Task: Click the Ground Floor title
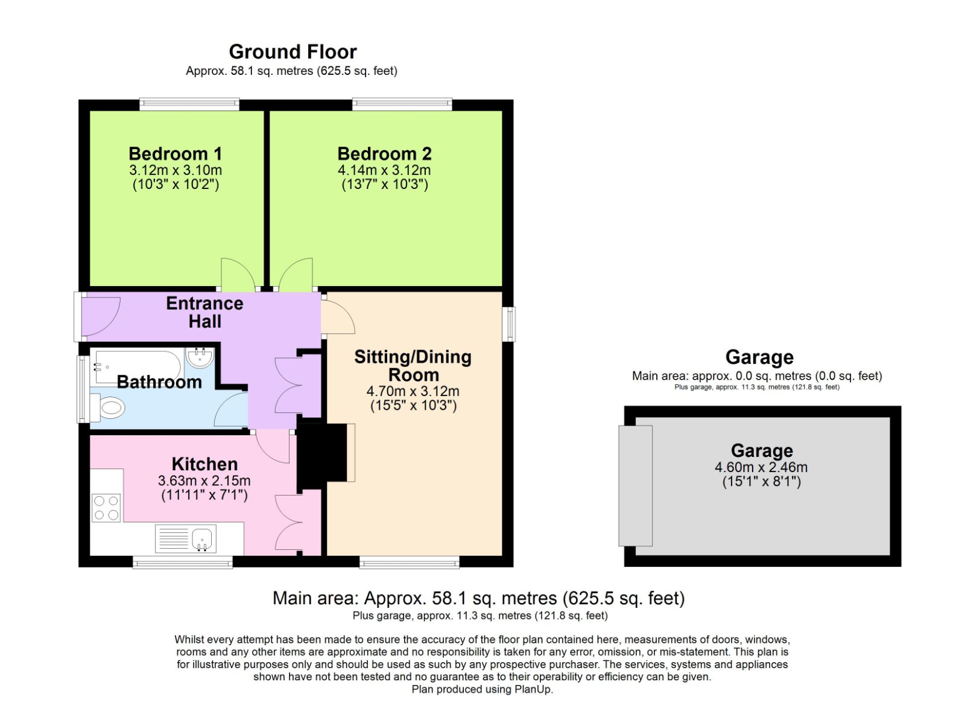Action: click(x=293, y=52)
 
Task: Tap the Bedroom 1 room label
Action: click(x=175, y=154)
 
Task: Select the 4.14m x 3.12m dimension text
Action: click(x=384, y=170)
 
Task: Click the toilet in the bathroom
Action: click(x=109, y=408)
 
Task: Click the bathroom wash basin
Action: click(x=200, y=357)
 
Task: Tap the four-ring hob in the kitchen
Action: click(x=106, y=508)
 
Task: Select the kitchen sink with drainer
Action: click(x=186, y=538)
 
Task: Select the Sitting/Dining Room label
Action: click(x=413, y=365)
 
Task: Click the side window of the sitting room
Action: click(x=510, y=324)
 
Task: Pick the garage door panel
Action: click(x=636, y=485)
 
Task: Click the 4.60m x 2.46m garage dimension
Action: click(x=761, y=467)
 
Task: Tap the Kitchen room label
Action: click(x=204, y=464)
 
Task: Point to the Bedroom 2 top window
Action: click(x=402, y=104)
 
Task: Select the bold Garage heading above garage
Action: click(x=759, y=357)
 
